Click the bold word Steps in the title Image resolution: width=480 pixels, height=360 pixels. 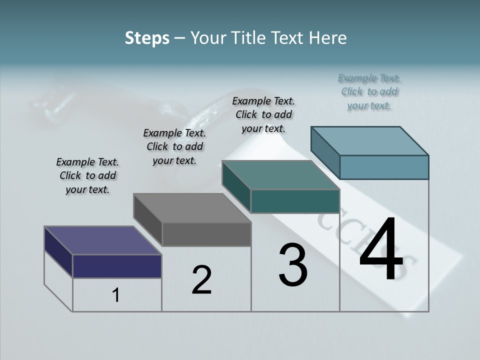pyautogui.click(x=147, y=38)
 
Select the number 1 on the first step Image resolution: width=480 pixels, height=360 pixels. pyautogui.click(x=116, y=295)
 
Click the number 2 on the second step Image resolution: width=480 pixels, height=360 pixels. pyautogui.click(x=201, y=280)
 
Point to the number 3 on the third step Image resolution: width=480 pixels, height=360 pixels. pyautogui.click(x=293, y=265)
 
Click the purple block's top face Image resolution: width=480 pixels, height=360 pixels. pyautogui.click(x=102, y=240)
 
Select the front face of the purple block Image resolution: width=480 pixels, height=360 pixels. pyautogui.click(x=117, y=266)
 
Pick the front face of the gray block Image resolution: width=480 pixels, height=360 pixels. pyautogui.click(x=206, y=234)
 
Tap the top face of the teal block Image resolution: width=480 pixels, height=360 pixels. pyautogui.click(x=281, y=175)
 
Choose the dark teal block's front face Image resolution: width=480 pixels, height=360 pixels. pyautogui.click(x=295, y=201)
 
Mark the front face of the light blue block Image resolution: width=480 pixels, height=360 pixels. pyautogui.click(x=384, y=167)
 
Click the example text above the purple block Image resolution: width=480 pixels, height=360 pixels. pyautogui.click(x=87, y=175)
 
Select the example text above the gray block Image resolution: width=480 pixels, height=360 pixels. pyautogui.click(x=174, y=146)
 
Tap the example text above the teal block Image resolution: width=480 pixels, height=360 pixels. pyautogui.click(x=263, y=114)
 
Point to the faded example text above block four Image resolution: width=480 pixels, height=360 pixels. pyautogui.click(x=369, y=91)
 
